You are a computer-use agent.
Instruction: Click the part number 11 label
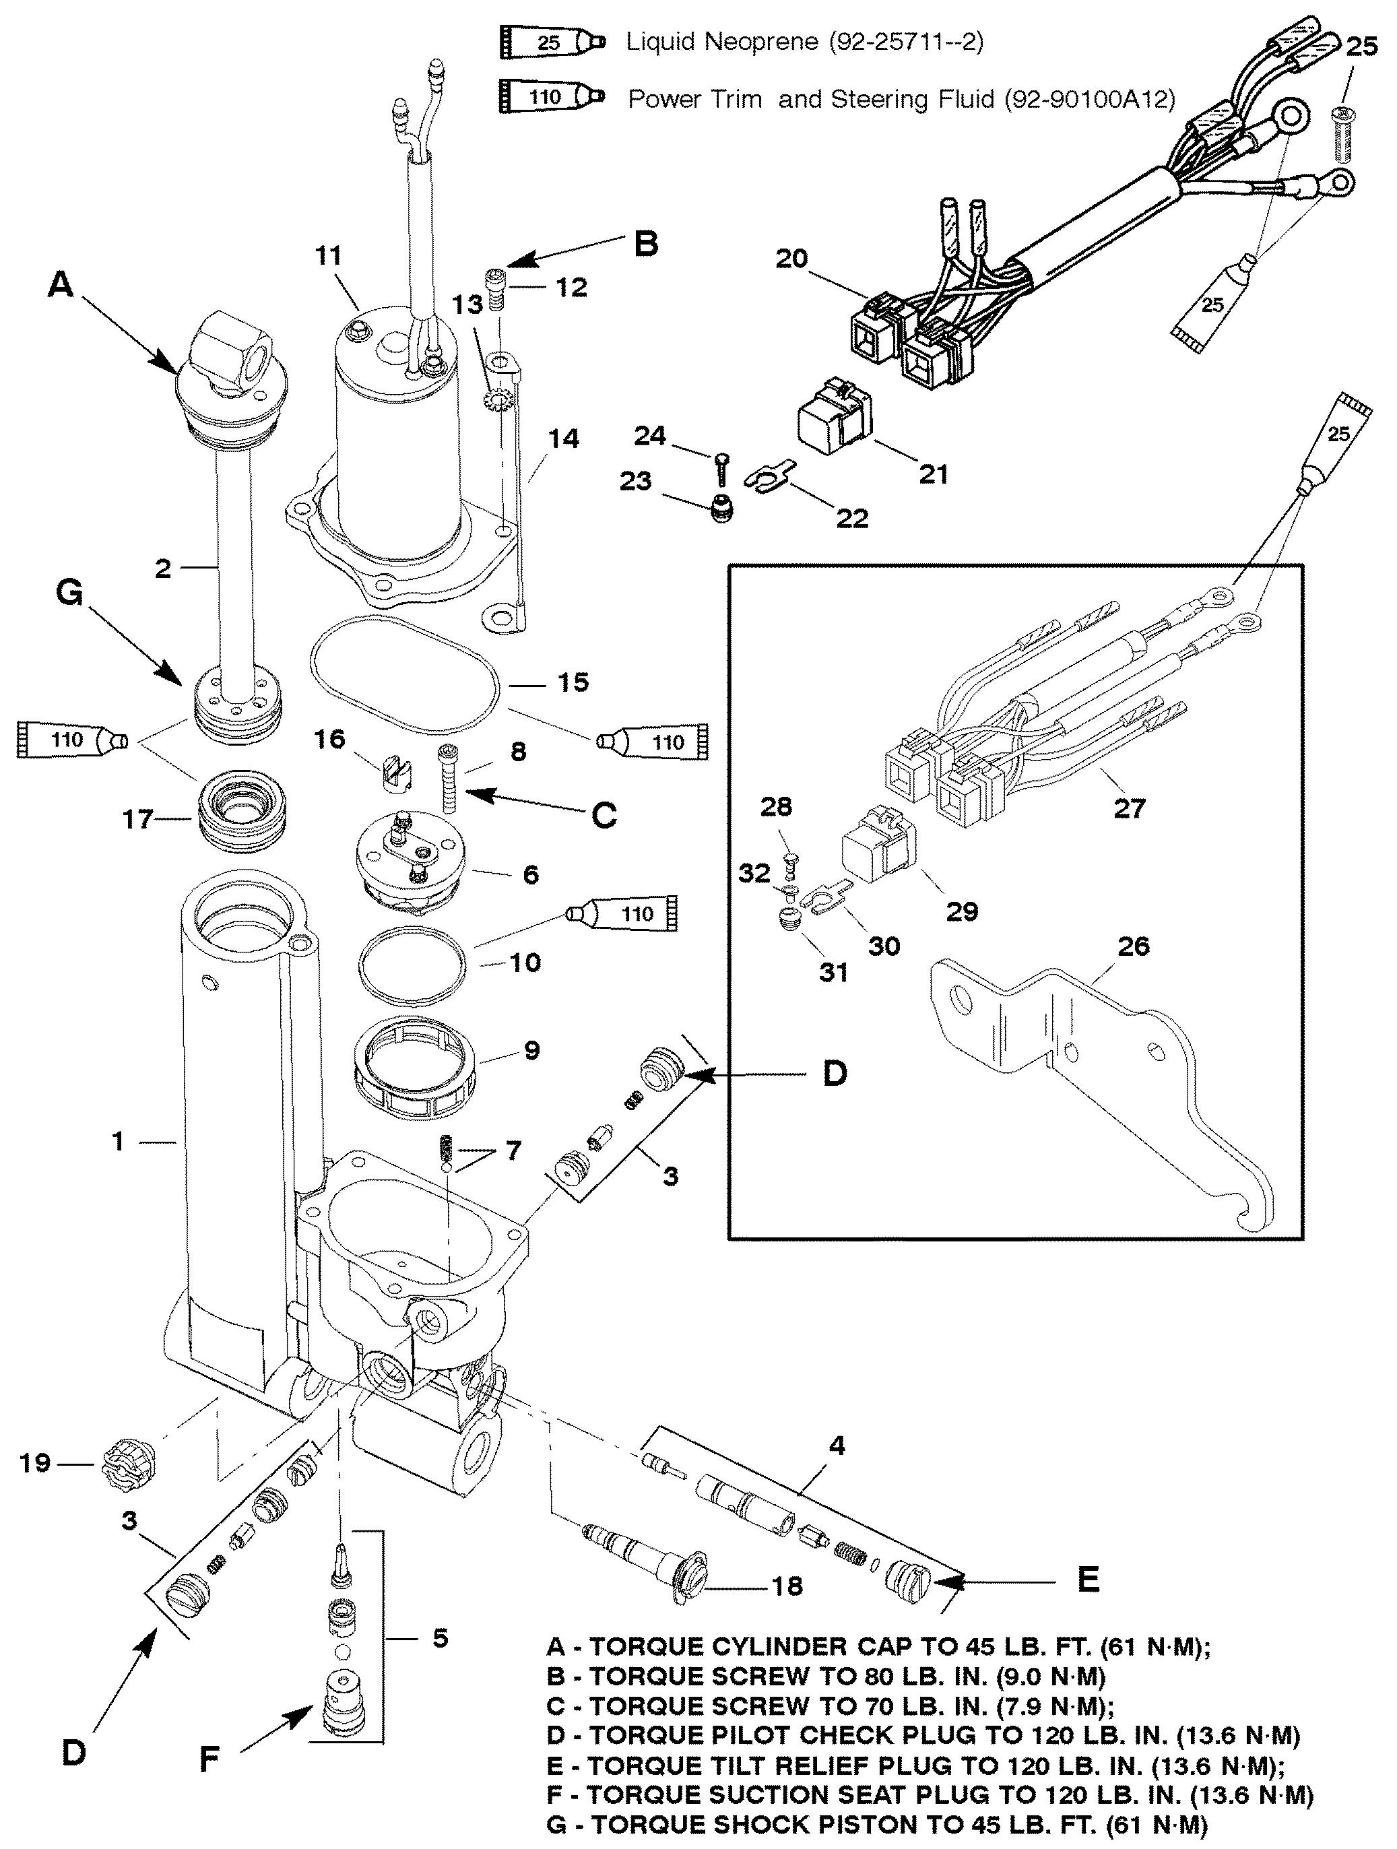(x=329, y=256)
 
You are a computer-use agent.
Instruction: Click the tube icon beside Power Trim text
(x=551, y=97)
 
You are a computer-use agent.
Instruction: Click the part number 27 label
(x=1129, y=808)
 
